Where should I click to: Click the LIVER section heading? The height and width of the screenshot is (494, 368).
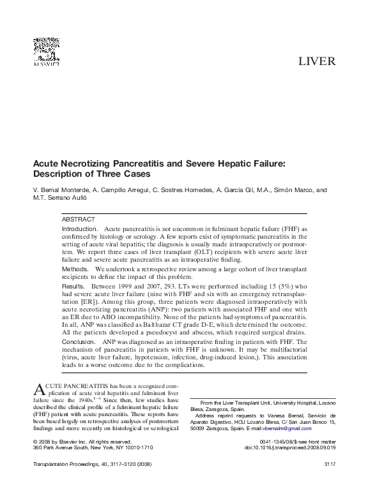click(x=317, y=63)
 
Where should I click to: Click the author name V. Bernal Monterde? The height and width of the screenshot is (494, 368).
click(x=63, y=190)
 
